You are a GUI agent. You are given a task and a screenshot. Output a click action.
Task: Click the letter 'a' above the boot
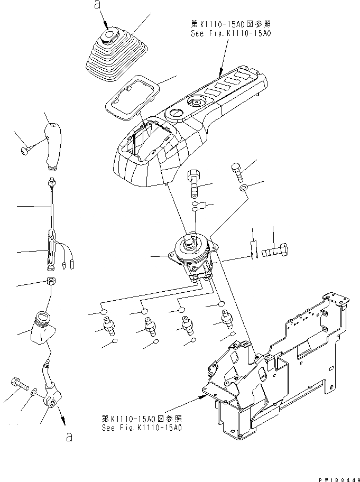tap(96, 5)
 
